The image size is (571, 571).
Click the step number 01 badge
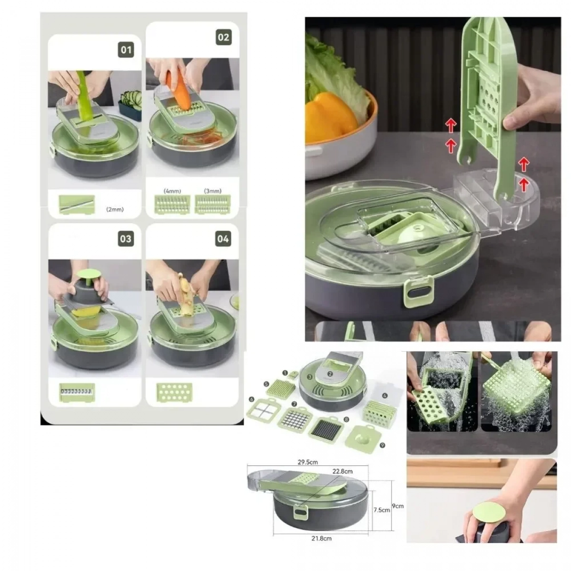[126, 50]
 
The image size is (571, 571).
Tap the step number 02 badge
[224, 37]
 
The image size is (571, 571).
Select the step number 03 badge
[126, 239]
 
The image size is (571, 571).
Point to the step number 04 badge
[223, 238]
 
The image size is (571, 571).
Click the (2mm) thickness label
[115, 209]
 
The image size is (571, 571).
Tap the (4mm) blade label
[172, 191]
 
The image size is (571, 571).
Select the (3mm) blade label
[212, 191]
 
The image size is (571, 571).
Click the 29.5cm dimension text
[307, 462]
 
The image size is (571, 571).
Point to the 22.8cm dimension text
[343, 471]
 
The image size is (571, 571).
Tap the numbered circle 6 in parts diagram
[252, 399]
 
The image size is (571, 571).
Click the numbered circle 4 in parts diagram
[385, 395]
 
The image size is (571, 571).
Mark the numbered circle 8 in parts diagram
[346, 420]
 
